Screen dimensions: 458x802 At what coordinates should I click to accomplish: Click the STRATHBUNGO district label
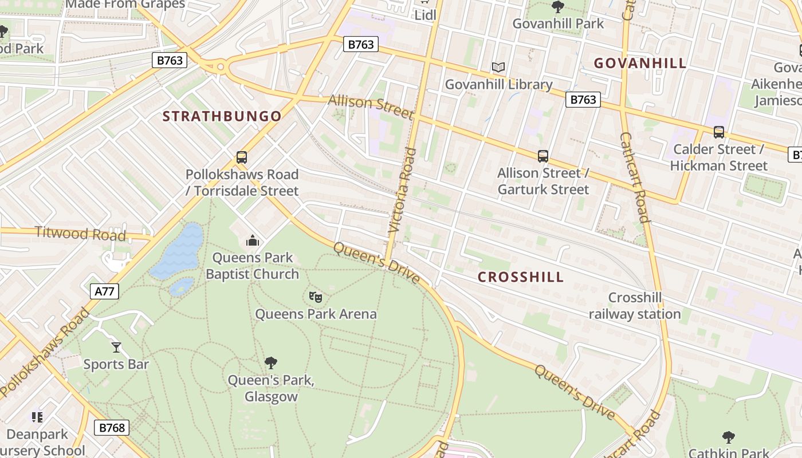click(x=222, y=116)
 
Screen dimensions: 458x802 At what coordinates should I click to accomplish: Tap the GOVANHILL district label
click(x=640, y=63)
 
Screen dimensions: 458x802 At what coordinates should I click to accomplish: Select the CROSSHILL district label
click(x=521, y=277)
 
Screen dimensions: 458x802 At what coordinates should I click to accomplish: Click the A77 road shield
click(x=104, y=291)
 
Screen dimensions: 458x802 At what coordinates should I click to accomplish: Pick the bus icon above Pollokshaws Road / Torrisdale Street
click(x=242, y=157)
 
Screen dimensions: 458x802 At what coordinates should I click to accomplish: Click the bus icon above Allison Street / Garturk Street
click(x=542, y=156)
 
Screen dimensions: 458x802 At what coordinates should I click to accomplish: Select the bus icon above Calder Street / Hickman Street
click(x=718, y=132)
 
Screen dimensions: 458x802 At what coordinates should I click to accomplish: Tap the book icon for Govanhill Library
click(x=498, y=68)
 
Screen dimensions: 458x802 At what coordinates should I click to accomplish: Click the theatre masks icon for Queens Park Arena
click(x=316, y=297)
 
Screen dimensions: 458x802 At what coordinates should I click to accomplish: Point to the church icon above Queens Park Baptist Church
click(x=253, y=240)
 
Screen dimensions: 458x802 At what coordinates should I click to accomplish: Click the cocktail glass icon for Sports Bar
click(x=116, y=347)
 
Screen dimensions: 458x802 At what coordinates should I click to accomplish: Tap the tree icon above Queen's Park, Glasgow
click(x=271, y=362)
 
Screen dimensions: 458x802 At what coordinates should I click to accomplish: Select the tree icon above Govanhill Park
click(x=557, y=7)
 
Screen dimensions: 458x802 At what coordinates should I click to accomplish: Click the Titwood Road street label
click(x=80, y=233)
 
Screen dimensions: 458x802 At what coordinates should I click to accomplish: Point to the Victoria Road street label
click(x=402, y=190)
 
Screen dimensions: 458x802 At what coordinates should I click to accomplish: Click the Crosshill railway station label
click(x=635, y=306)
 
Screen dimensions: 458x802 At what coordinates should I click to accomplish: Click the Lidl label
click(x=425, y=15)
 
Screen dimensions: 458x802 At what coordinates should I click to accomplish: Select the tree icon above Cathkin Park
click(x=728, y=437)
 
